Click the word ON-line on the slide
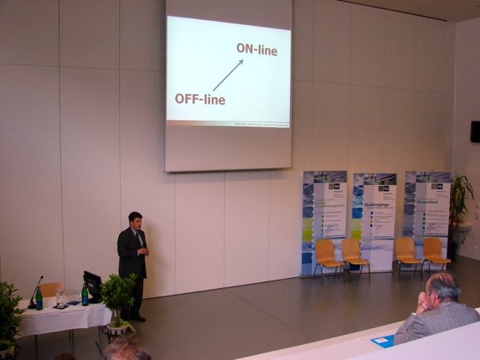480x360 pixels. (x=256, y=50)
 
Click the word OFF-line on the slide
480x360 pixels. (x=199, y=99)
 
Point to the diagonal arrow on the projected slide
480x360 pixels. (x=227, y=75)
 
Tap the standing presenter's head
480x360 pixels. (x=135, y=220)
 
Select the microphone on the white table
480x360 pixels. (x=36, y=289)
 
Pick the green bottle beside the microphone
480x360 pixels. (x=39, y=299)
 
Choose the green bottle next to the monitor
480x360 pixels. (x=85, y=294)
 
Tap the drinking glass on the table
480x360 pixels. (x=59, y=297)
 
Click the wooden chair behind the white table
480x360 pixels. (x=50, y=290)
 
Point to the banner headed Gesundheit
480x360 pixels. (x=426, y=213)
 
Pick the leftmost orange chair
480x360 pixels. (x=327, y=256)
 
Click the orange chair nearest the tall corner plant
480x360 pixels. (x=433, y=254)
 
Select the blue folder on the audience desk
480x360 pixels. (x=383, y=340)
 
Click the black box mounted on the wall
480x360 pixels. (x=475, y=131)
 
